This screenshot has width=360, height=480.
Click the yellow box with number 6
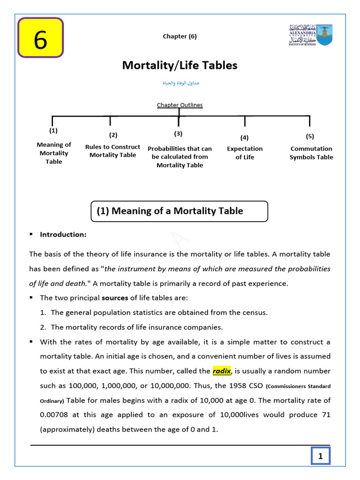(x=40, y=38)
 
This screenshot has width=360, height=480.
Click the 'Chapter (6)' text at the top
(x=180, y=37)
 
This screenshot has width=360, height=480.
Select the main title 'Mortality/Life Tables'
(x=180, y=66)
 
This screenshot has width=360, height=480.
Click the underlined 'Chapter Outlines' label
(x=180, y=105)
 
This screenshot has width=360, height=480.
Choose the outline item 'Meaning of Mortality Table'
(x=54, y=153)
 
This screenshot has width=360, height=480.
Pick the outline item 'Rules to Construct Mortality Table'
(x=112, y=151)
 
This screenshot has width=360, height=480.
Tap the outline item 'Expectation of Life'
(x=245, y=153)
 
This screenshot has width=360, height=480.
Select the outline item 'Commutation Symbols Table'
(x=311, y=153)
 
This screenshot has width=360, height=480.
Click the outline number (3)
(x=178, y=134)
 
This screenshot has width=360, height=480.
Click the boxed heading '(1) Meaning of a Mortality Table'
(x=179, y=211)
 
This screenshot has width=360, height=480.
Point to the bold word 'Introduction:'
(x=63, y=234)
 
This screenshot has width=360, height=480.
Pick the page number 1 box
(x=321, y=456)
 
